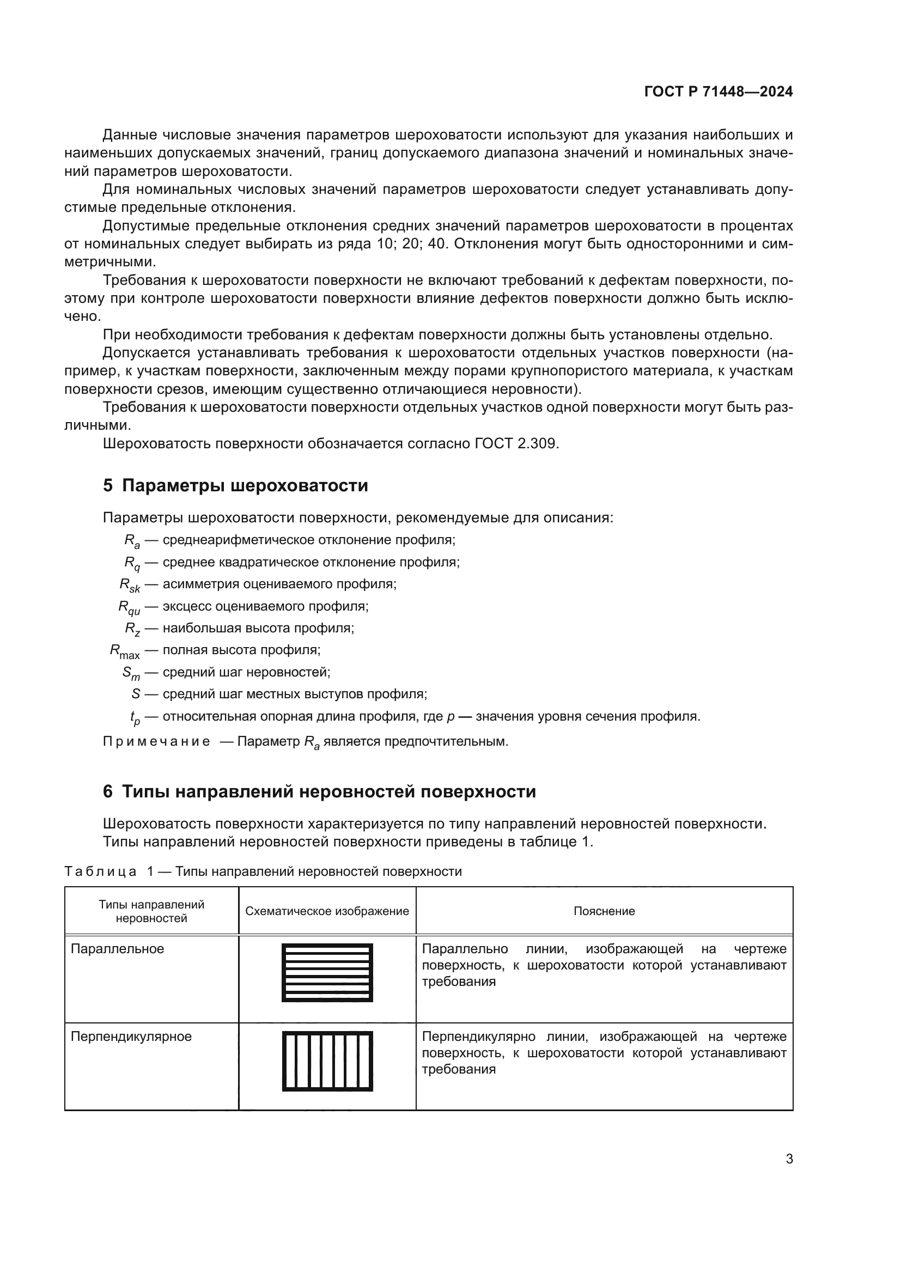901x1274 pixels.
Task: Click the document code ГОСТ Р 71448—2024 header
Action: click(718, 92)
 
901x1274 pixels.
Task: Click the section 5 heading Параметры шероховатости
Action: click(235, 485)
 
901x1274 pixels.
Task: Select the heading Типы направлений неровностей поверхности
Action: click(320, 792)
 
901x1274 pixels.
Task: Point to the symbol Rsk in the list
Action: click(130, 585)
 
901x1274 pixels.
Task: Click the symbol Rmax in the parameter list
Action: click(125, 651)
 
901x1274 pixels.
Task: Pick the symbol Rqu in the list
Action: click(129, 607)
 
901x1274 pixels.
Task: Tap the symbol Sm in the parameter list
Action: click(131, 673)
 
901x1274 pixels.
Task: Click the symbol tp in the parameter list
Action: click(135, 717)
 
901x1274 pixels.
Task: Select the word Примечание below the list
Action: click(156, 742)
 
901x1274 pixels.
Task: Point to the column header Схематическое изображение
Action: click(327, 911)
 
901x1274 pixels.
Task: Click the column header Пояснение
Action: click(604, 911)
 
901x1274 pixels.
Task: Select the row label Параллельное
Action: click(117, 949)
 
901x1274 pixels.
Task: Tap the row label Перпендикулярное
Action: click(131, 1037)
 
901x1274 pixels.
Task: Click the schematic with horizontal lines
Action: click(327, 973)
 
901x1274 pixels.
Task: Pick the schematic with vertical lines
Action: click(327, 1062)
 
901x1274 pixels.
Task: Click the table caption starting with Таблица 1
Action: click(263, 871)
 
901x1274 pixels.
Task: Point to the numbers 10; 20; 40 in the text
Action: click(411, 244)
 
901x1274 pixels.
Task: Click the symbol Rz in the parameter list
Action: click(132, 629)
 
